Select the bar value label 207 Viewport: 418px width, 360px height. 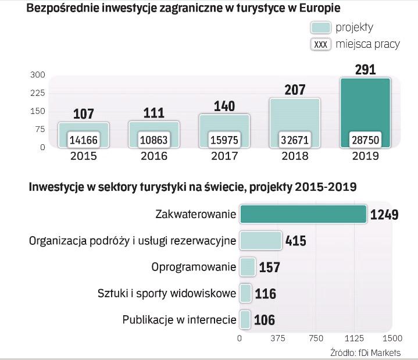pos(294,90)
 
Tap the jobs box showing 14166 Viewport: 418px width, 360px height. pos(84,140)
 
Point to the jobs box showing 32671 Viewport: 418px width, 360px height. pos(295,140)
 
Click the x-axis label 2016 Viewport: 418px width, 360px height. pos(154,156)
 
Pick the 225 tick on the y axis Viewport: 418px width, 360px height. pos(38,93)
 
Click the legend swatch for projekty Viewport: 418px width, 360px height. pos(321,27)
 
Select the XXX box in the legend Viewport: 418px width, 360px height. pos(321,44)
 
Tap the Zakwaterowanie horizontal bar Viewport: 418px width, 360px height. pos(302,213)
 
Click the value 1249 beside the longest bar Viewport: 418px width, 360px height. pos(385,215)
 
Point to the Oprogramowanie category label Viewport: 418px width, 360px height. pos(194,267)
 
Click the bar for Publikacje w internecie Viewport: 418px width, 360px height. pos(245,319)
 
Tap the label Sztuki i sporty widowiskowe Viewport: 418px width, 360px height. pos(167,293)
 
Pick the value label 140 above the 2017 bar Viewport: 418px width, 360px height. pos(224,105)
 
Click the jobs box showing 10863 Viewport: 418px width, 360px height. pos(154,140)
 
